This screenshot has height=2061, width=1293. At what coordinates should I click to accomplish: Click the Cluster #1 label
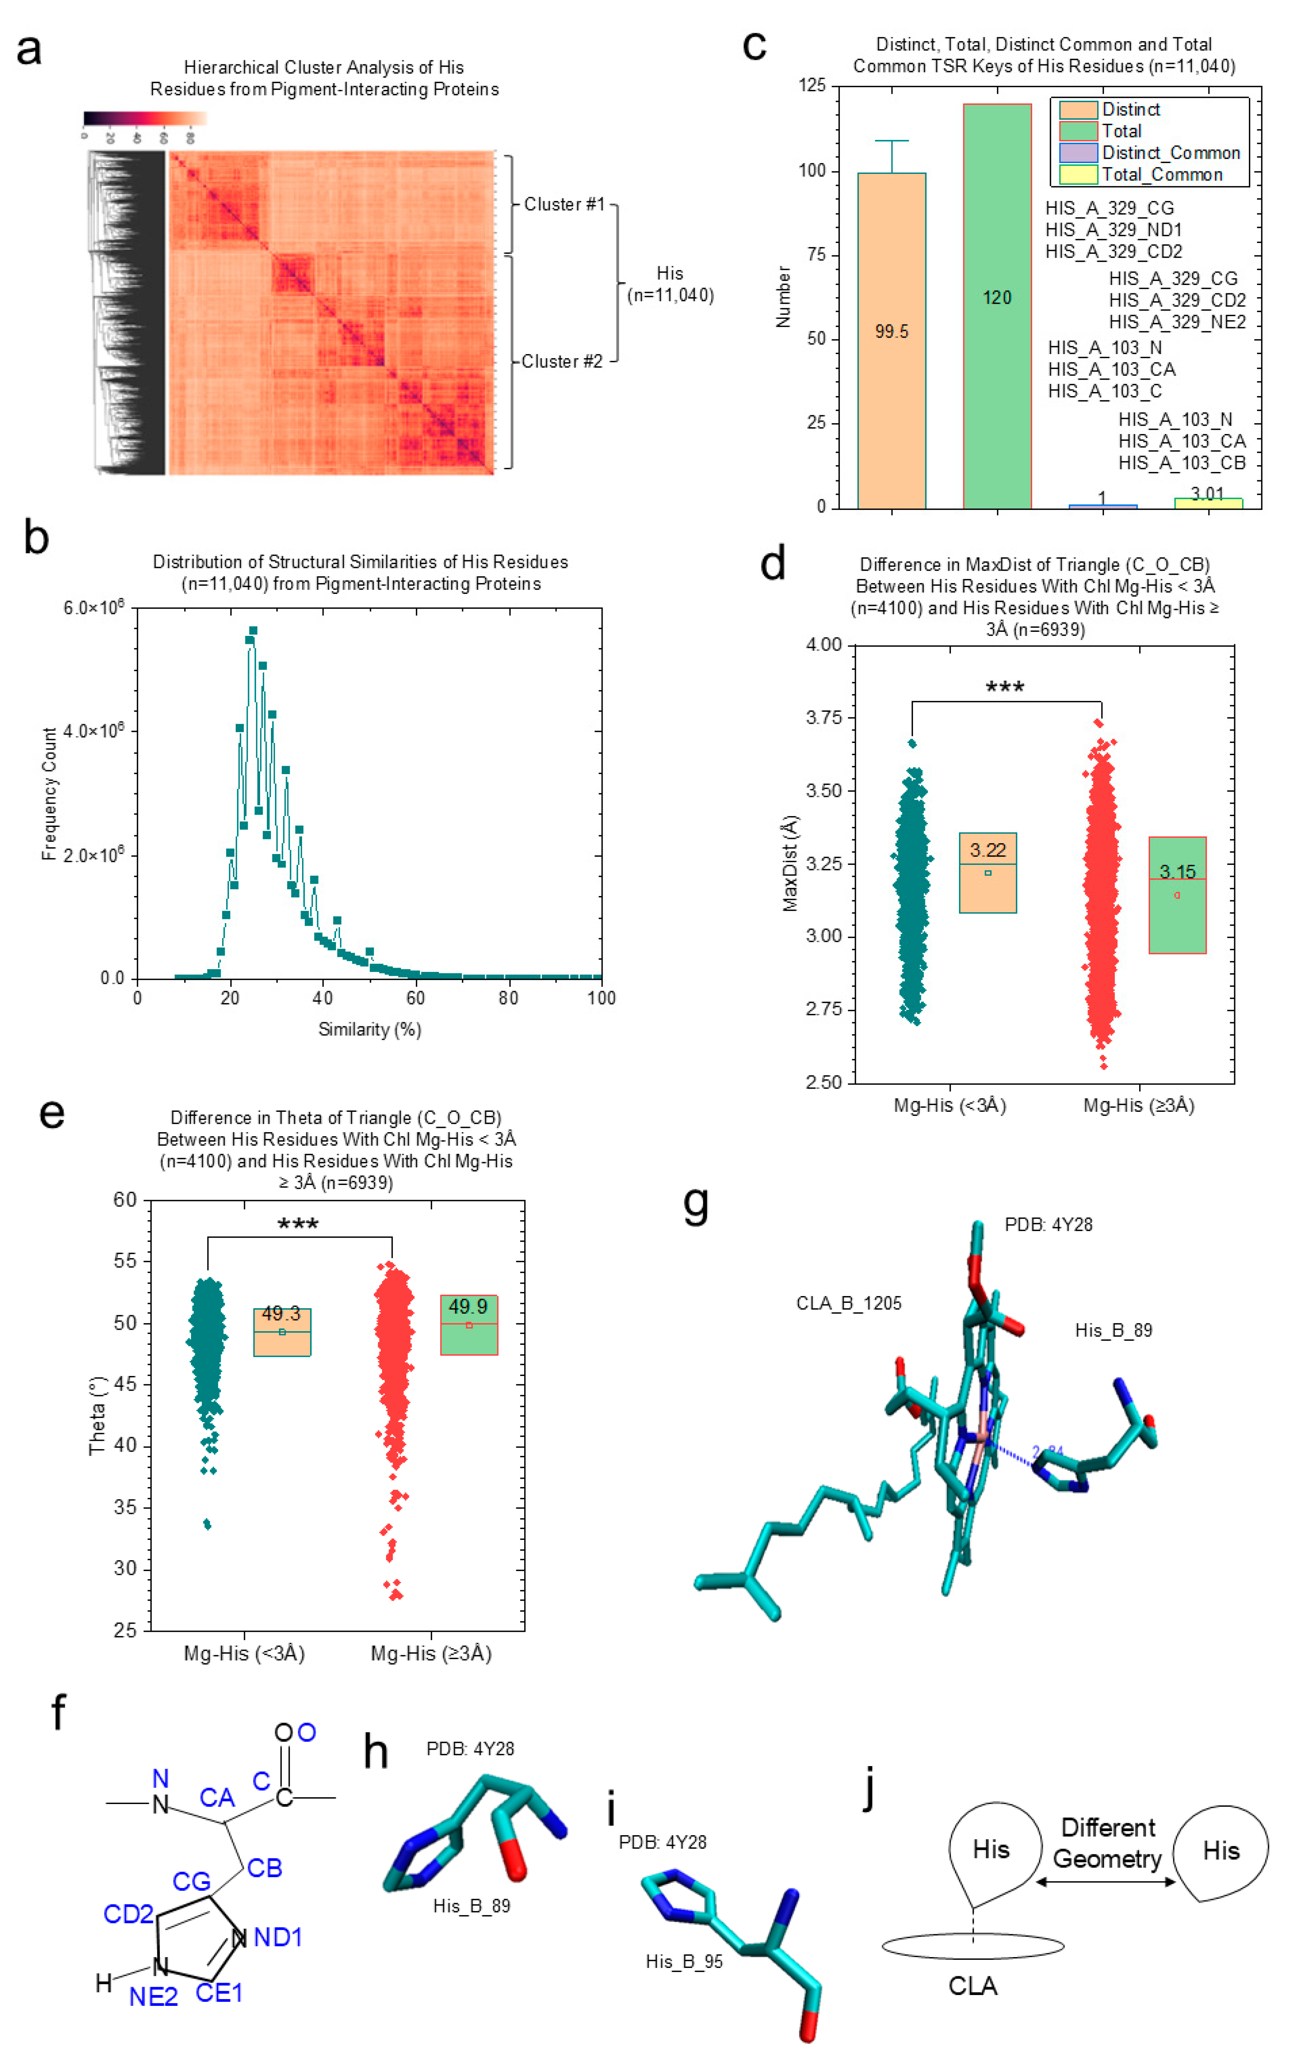point(563,204)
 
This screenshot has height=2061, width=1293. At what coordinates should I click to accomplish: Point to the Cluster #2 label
point(562,362)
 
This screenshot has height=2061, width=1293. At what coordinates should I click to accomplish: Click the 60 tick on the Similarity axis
point(416,998)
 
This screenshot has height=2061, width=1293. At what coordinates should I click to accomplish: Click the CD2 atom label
point(128,1914)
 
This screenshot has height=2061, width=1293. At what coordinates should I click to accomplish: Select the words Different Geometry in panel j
point(1108,1843)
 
